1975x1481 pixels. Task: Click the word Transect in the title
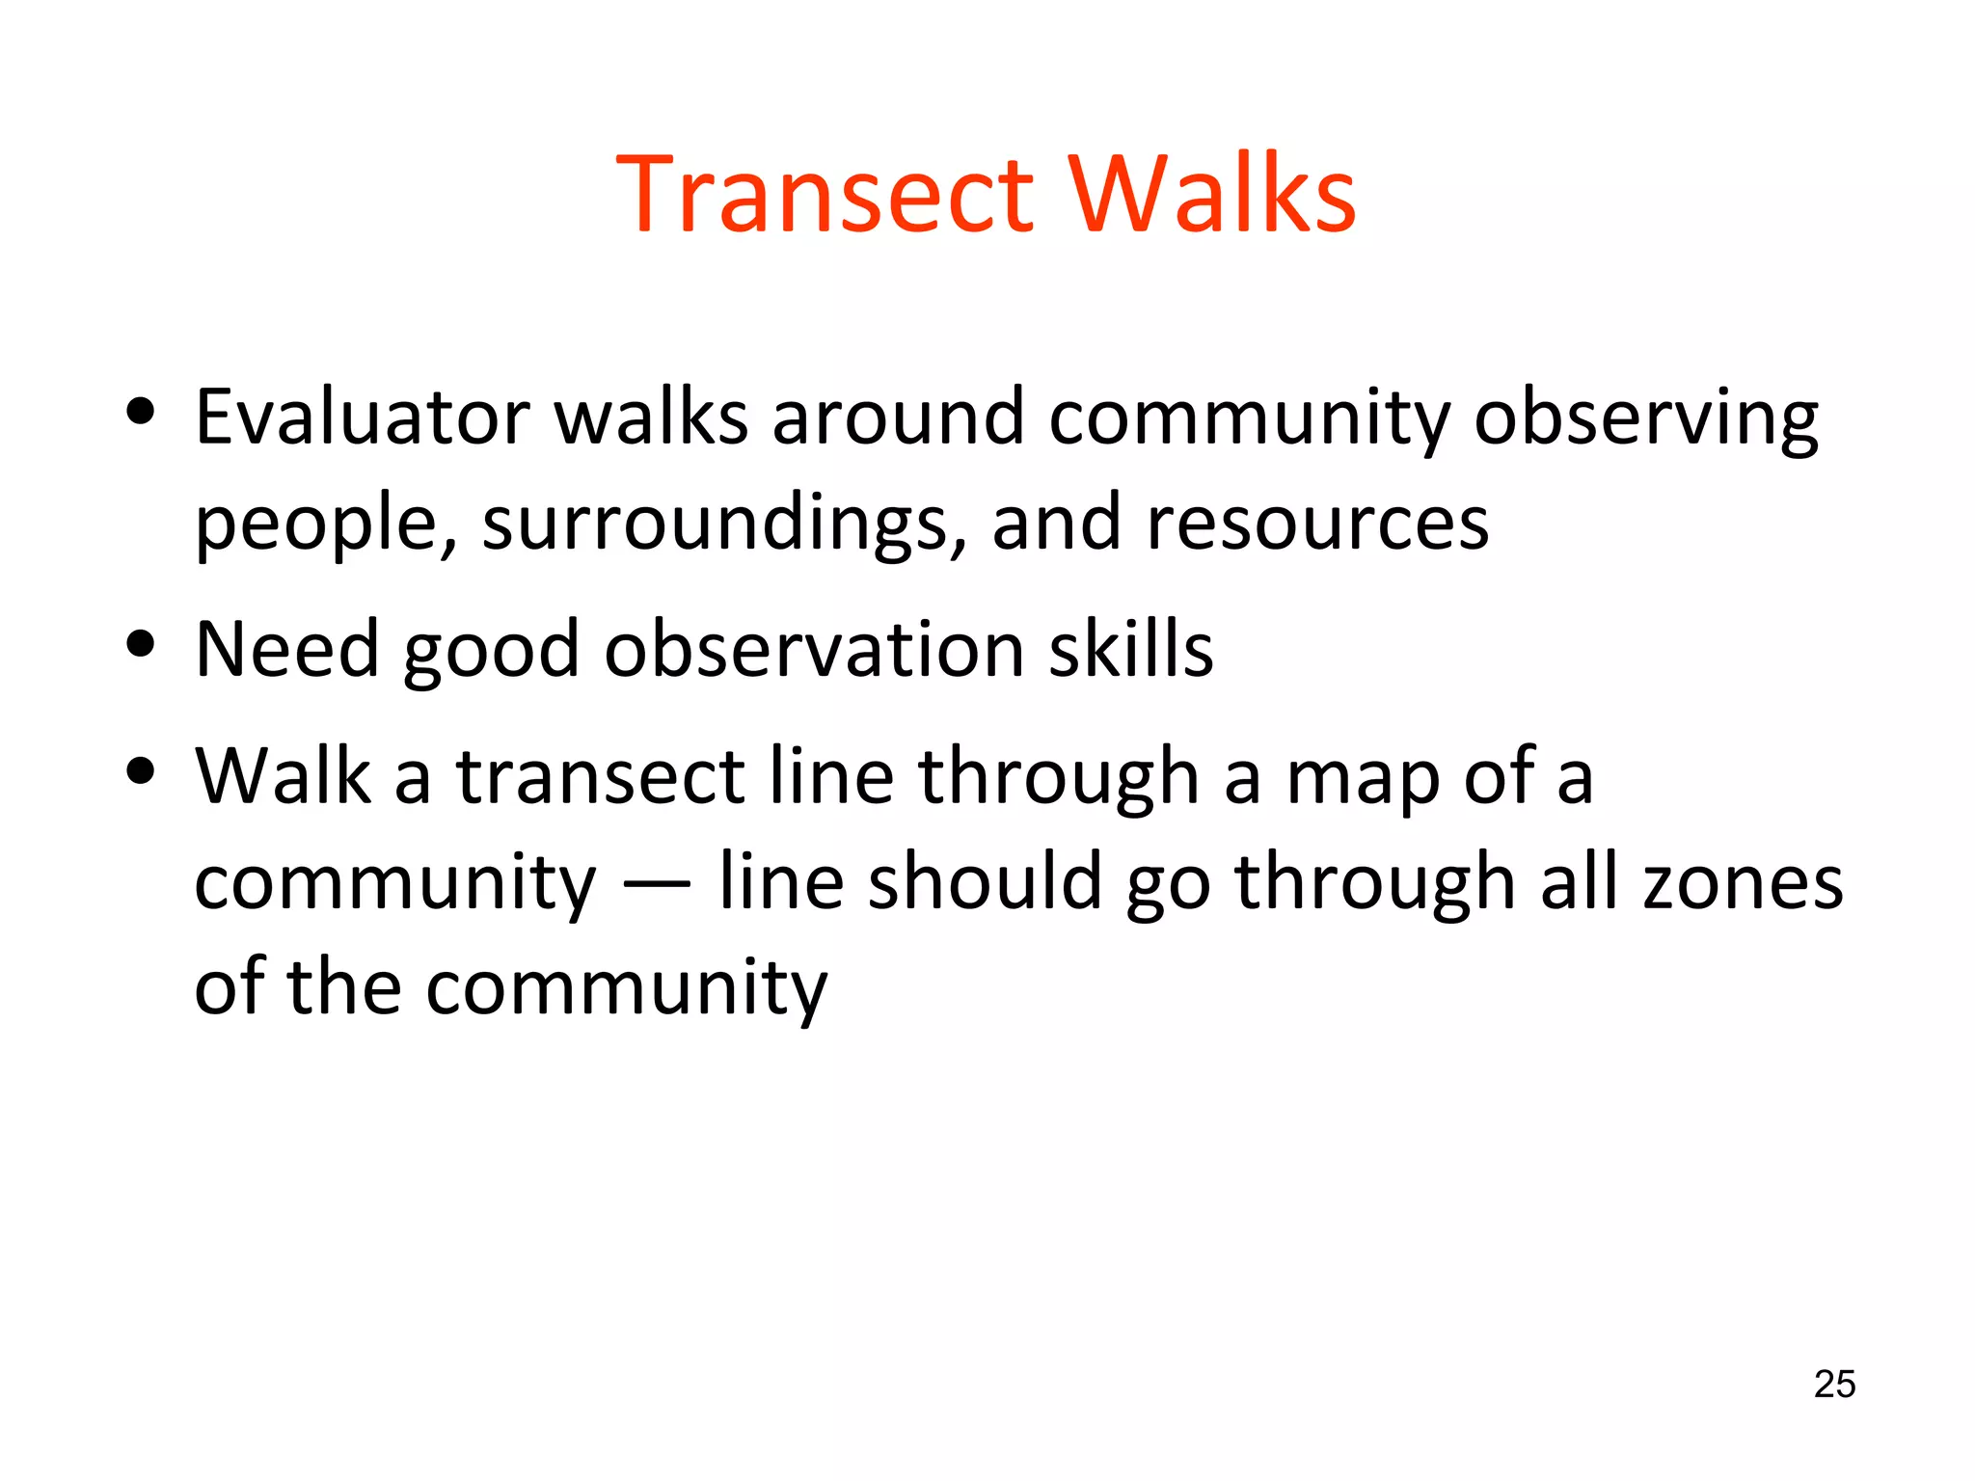tap(825, 196)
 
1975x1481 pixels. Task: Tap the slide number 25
tap(1834, 1384)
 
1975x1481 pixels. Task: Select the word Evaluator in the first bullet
tap(363, 417)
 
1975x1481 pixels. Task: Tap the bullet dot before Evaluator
tap(141, 412)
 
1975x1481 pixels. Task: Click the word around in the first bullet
tap(898, 417)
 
